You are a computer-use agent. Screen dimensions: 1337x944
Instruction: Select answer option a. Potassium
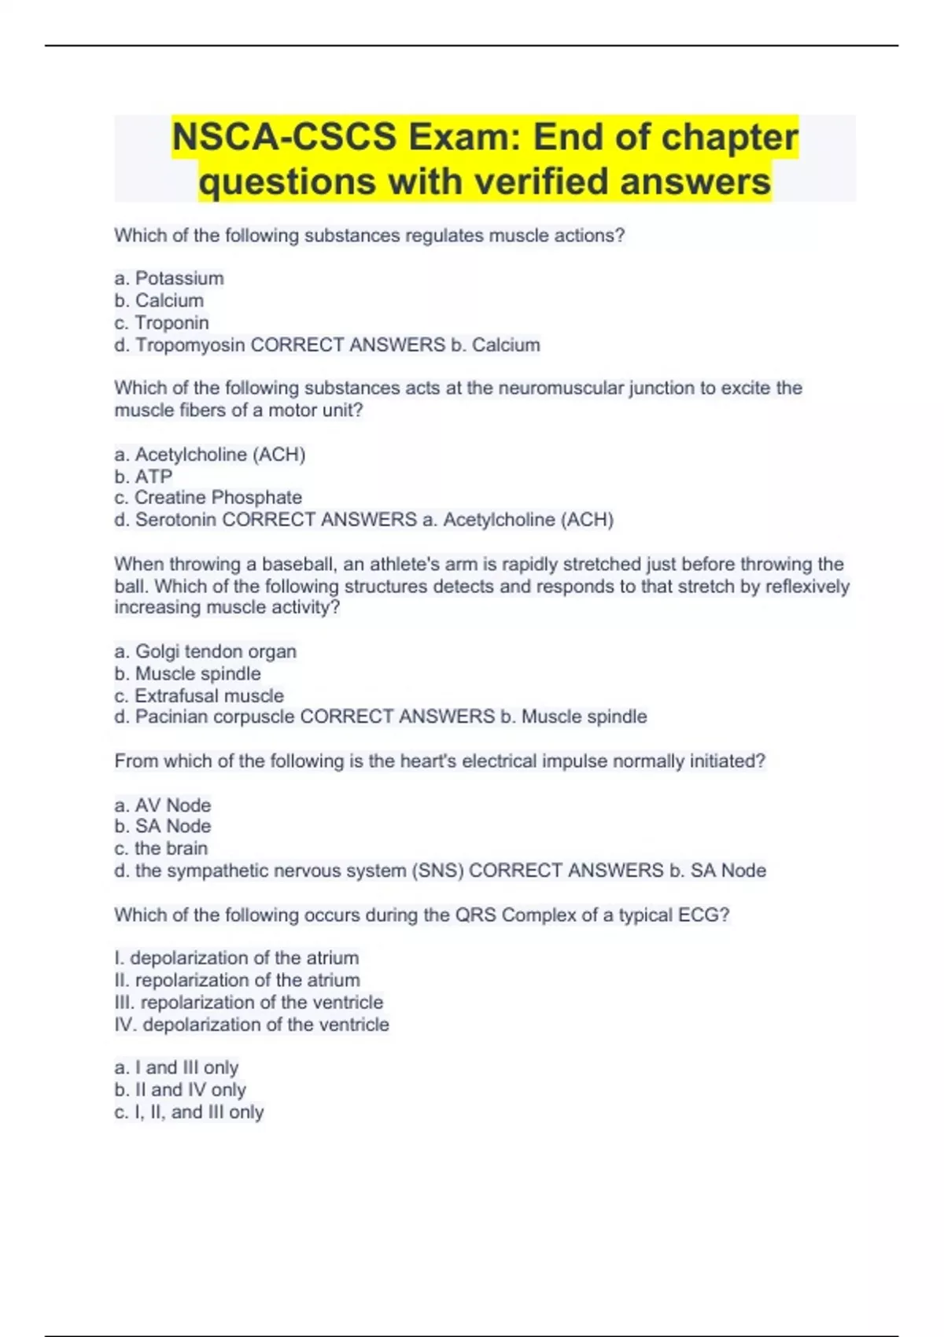tap(169, 278)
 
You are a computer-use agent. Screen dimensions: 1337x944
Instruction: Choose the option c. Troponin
tap(161, 322)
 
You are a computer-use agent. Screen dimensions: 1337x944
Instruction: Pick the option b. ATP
tap(143, 477)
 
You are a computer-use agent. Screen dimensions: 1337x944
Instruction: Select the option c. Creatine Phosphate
tap(208, 498)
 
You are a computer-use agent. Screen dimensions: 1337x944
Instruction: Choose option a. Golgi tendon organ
tap(205, 651)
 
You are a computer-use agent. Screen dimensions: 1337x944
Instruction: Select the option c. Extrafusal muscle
tap(199, 695)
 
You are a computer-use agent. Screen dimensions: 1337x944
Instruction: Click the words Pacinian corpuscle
tap(215, 716)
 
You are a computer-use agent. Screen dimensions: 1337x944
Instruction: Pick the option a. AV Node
tap(163, 805)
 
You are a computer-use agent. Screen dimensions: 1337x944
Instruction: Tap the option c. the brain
tap(161, 849)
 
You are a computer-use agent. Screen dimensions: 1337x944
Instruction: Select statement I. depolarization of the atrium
tap(237, 958)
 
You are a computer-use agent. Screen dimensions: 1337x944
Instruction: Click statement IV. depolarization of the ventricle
tap(252, 1025)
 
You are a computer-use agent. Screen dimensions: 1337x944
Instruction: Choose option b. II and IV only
tap(180, 1090)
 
